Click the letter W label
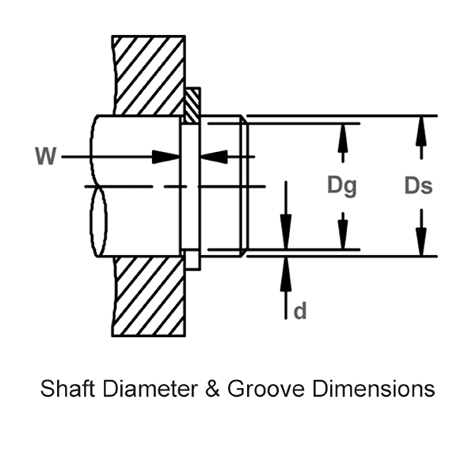click(x=46, y=157)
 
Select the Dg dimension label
click(x=342, y=186)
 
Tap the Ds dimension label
click(x=418, y=186)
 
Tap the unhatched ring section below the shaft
click(x=192, y=260)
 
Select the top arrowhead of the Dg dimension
click(x=343, y=135)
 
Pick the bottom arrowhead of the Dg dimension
click(x=343, y=238)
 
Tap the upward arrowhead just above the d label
click(x=286, y=268)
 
